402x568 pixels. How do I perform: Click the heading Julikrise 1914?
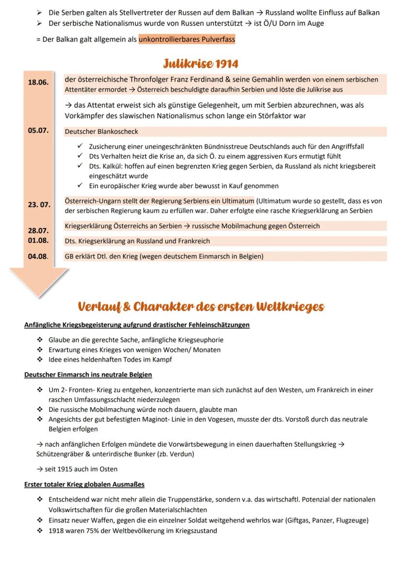201,65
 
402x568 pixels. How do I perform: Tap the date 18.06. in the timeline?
38,82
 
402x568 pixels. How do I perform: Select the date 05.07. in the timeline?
38,131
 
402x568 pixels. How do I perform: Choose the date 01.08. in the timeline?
38,240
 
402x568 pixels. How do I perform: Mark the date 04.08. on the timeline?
38,257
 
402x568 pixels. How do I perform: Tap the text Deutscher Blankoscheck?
101,131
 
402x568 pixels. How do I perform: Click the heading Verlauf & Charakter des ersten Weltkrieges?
201,307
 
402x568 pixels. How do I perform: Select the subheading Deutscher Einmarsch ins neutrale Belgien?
88,374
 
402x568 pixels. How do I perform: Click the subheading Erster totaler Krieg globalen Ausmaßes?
84,484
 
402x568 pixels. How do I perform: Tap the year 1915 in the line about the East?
65,469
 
